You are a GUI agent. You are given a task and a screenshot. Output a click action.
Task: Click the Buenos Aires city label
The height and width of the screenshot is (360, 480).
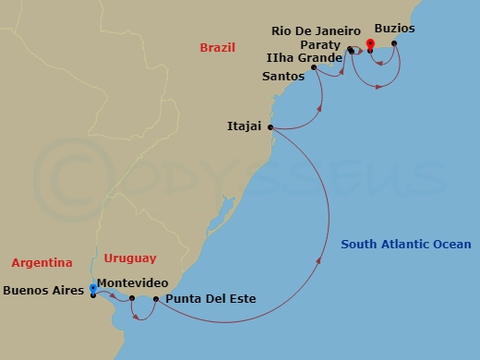43,290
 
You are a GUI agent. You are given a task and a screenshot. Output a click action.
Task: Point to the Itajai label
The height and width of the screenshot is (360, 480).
245,126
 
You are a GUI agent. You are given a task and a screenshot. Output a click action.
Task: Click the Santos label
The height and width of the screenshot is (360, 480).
282,78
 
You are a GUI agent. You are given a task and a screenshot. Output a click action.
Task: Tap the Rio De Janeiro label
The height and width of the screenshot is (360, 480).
316,30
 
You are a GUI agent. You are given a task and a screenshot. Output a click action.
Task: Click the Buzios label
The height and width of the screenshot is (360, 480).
394,29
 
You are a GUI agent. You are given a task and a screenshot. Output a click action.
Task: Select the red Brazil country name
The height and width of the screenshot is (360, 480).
217,47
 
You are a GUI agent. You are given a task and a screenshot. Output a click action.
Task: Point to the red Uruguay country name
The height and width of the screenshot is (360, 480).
130,258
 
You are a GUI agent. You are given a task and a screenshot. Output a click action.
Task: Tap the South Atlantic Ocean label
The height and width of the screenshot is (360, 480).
405,245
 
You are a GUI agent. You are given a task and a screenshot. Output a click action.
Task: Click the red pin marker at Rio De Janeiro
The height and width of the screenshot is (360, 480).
370,42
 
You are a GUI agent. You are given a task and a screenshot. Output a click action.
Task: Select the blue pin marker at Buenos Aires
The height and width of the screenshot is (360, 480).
93,287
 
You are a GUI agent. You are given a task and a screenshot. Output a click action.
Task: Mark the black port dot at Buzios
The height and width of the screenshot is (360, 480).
394,42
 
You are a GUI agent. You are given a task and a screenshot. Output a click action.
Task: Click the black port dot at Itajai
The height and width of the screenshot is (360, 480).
270,128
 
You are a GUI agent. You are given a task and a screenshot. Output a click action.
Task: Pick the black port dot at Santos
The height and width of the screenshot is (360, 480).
314,67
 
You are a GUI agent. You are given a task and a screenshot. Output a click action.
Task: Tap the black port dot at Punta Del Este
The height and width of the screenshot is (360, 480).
155,299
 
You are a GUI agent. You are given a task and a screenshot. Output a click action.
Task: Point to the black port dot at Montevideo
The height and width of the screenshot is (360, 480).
132,298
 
